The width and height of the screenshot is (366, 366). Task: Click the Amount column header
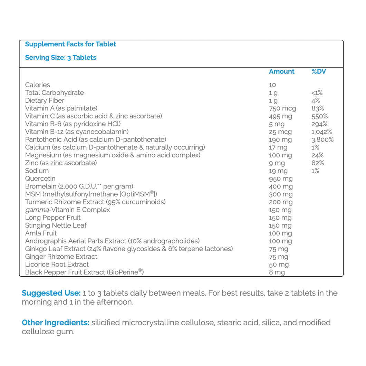click(x=281, y=72)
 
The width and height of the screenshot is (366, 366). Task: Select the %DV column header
click(x=319, y=72)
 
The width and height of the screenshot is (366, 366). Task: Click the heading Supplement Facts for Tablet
click(x=70, y=44)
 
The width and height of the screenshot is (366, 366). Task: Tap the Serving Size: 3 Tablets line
click(x=61, y=58)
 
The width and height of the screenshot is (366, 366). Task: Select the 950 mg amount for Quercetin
click(x=280, y=179)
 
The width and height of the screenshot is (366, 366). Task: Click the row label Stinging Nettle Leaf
click(x=56, y=225)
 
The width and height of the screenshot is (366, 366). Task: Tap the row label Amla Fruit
click(x=41, y=233)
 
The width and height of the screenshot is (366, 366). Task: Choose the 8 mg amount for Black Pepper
click(x=277, y=273)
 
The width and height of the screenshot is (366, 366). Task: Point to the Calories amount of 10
click(x=272, y=85)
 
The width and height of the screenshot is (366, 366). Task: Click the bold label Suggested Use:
click(x=51, y=293)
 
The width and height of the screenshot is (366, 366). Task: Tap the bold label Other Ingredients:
click(x=56, y=323)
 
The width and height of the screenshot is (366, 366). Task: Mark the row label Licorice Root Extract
click(x=57, y=264)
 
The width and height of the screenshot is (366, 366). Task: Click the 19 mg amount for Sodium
click(x=278, y=171)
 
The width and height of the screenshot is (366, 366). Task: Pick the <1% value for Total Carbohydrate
click(x=317, y=93)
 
